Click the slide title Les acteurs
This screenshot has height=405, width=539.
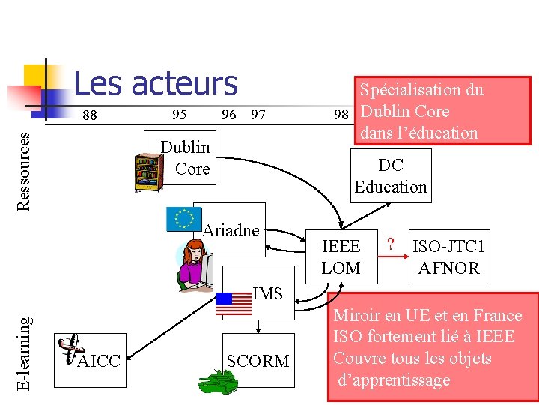[x=155, y=83]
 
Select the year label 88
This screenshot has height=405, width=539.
[x=89, y=115]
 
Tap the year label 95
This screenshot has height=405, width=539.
[x=179, y=115]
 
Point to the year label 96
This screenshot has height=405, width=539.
[x=229, y=115]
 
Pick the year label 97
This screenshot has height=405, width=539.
[x=258, y=115]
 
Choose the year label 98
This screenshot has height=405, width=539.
[x=341, y=115]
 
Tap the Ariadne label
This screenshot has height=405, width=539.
[x=231, y=230]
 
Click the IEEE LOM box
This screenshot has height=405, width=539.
[x=341, y=256]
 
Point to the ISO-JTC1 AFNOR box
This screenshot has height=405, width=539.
[x=449, y=256]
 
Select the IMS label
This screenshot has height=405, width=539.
[x=267, y=293]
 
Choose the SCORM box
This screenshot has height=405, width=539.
[x=258, y=361]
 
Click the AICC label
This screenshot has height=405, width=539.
[x=99, y=361]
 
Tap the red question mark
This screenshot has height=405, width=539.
[x=390, y=244]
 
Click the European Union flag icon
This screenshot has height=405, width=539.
[x=182, y=218]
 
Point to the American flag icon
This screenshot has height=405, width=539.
[x=234, y=303]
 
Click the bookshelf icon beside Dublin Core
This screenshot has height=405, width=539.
[x=147, y=173]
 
